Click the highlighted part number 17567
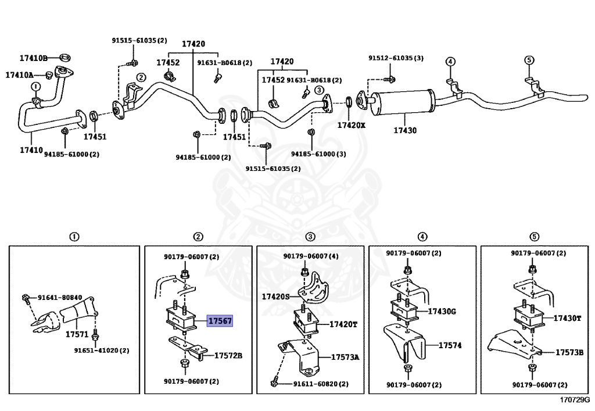tap(221, 321)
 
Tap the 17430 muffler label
tap(405, 131)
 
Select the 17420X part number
tap(352, 125)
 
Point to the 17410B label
tap(33, 58)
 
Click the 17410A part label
tap(20, 75)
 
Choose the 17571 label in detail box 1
tap(76, 335)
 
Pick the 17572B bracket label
tap(228, 355)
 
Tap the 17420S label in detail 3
tap(275, 296)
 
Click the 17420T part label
tap(343, 324)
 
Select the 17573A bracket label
tap(345, 357)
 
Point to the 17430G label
tap(442, 312)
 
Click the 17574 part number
tap(450, 345)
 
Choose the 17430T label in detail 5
tap(568, 318)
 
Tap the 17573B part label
tap(569, 352)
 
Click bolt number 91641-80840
tap(60, 297)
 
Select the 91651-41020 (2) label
tap(102, 351)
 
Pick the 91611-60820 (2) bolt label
tap(321, 384)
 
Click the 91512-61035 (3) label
tap(396, 58)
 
